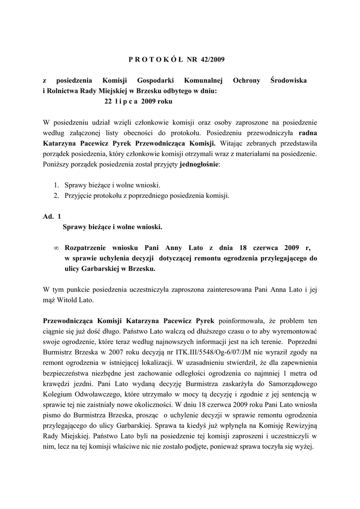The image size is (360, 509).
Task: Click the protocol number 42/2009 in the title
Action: pos(213,60)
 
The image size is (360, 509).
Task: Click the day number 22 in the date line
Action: pos(108,101)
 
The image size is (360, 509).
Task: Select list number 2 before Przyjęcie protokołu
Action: pos(57,195)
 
